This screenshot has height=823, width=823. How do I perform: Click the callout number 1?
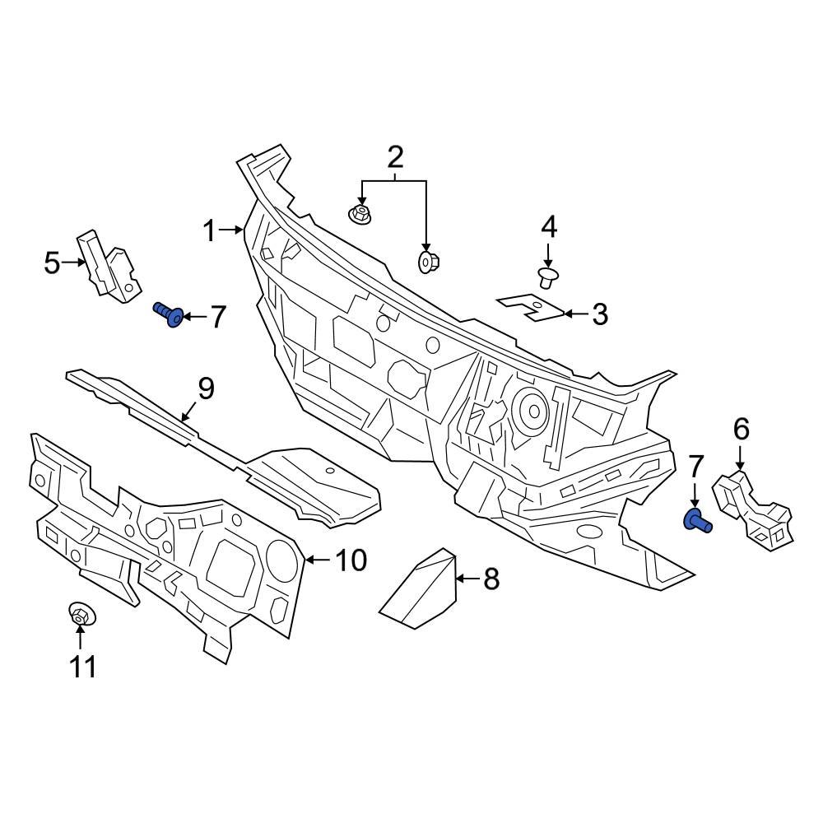tap(209, 231)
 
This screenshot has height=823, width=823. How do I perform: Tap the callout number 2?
tap(395, 156)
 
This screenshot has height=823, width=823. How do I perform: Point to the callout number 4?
tap(548, 226)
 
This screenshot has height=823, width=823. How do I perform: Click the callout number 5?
tap(52, 263)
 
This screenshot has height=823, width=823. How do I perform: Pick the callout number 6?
tap(741, 428)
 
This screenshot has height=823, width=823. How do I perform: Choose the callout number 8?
tap(491, 579)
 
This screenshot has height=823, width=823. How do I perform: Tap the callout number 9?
tap(205, 388)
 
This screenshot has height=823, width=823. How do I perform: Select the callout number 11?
tap(83, 666)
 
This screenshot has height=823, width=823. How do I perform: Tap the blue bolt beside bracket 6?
tap(697, 520)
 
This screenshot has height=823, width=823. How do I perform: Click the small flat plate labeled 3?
tap(533, 308)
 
